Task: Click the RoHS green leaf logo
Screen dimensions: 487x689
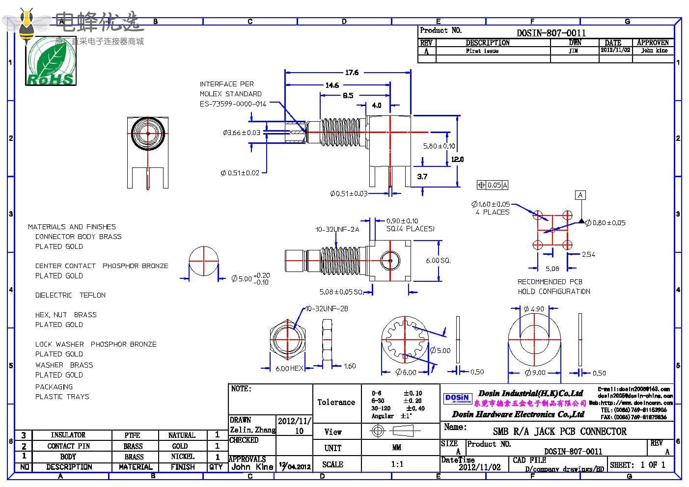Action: pyautogui.click(x=51, y=61)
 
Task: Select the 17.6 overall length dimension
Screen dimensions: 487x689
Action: pyautogui.click(x=352, y=73)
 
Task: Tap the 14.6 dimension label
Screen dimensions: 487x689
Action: pyautogui.click(x=332, y=85)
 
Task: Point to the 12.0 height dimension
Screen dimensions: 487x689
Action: pyautogui.click(x=457, y=159)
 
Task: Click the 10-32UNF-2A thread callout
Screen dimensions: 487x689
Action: pyautogui.click(x=337, y=229)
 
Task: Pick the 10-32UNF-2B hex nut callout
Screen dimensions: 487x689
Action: pyautogui.click(x=327, y=309)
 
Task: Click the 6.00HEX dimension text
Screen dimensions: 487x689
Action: pyautogui.click(x=289, y=368)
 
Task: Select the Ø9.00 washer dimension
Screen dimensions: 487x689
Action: pyautogui.click(x=535, y=373)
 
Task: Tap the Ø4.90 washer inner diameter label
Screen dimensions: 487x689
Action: pyautogui.click(x=534, y=309)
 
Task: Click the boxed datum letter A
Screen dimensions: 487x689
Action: pyautogui.click(x=580, y=195)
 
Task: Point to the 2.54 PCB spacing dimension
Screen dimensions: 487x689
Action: pyautogui.click(x=588, y=254)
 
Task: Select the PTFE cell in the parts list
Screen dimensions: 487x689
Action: pyautogui.click(x=132, y=435)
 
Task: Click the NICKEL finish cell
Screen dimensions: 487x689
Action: pyautogui.click(x=182, y=457)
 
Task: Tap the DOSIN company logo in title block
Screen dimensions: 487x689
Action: pyautogui.click(x=457, y=398)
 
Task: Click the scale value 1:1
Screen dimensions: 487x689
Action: pyautogui.click(x=397, y=464)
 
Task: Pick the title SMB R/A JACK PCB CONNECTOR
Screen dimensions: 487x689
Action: pyautogui.click(x=559, y=432)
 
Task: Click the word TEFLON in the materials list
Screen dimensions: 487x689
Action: pyautogui.click(x=93, y=295)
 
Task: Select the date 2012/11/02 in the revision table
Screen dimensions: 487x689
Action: pyautogui.click(x=615, y=50)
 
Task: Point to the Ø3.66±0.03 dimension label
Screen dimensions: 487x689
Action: pyautogui.click(x=241, y=133)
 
